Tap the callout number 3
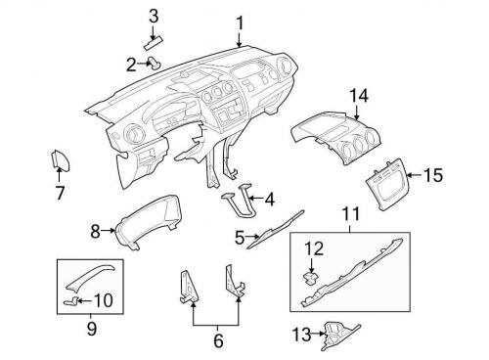154,15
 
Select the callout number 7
59,193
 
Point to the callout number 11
350,214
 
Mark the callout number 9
91,330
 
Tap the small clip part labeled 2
155,65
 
